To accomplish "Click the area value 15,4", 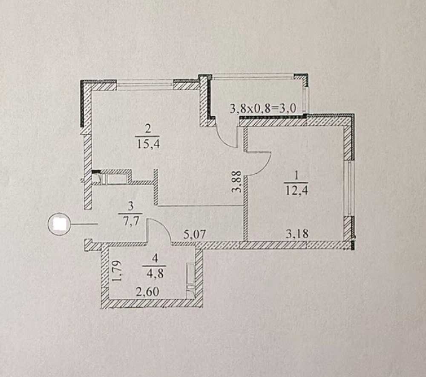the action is coord(148,144).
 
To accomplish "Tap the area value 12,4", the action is coord(296,190).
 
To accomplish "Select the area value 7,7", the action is coord(131,221).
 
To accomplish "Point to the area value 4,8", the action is coord(155,273).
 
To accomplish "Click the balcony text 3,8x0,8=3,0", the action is coord(263,108).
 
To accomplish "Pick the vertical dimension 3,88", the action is coord(236,181).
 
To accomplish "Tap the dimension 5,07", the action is coord(195,234).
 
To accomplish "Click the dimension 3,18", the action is coord(297,234).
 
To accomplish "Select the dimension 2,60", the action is coord(147,292).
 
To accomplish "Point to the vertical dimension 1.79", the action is coord(117,271).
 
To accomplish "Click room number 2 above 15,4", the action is coord(148,129).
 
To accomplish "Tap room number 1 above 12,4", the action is coord(296,175).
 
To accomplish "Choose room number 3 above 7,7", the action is coord(131,206).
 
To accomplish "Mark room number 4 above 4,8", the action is coord(155,258).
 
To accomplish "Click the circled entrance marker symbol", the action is coord(59,224).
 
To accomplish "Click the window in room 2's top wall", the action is coord(144,85).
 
